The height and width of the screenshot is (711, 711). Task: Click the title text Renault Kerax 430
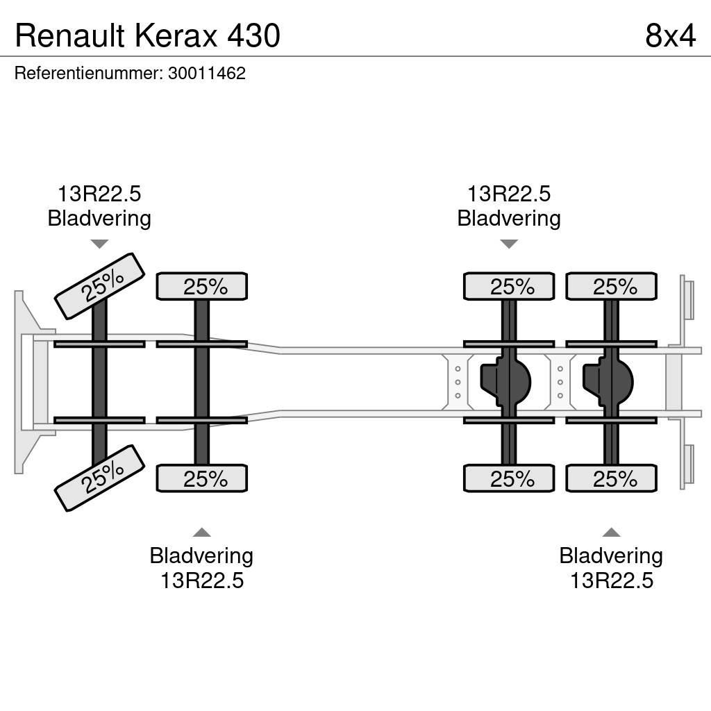[x=147, y=35]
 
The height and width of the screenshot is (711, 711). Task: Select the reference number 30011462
[x=207, y=74]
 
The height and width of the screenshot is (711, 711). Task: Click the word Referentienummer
[x=88, y=74]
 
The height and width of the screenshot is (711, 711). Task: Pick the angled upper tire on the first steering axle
[x=99, y=286]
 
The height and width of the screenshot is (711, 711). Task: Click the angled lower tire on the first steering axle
[x=99, y=478]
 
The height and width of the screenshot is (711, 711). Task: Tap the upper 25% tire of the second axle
[x=201, y=286]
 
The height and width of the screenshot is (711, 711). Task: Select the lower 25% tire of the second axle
[x=201, y=478]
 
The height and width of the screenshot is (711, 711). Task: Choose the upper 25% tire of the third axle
[x=509, y=286]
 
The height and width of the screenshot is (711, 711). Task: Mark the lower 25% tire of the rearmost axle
[x=611, y=478]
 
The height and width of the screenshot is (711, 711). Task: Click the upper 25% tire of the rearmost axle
[x=611, y=286]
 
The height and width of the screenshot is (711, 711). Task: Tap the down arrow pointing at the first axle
[x=99, y=244]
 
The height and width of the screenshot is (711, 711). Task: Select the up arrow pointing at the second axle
[x=201, y=533]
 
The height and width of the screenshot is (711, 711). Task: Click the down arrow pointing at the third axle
[x=509, y=244]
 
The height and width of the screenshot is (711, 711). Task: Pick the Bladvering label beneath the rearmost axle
[x=611, y=556]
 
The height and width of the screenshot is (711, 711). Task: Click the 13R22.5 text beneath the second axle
[x=201, y=580]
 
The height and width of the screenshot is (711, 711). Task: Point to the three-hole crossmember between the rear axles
[x=560, y=382]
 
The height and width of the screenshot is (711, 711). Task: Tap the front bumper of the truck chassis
[x=28, y=382]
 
